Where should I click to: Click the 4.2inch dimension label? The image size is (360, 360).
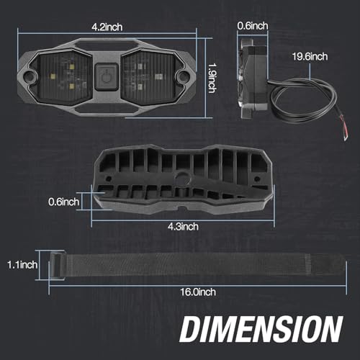click(x=107, y=27)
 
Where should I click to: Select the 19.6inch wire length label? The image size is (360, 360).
click(x=310, y=57)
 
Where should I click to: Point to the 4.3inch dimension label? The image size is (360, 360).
click(x=183, y=227)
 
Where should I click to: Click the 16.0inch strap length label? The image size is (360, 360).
click(x=198, y=292)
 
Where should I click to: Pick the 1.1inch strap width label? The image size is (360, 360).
click(x=22, y=265)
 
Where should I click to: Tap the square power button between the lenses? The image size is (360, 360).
click(x=107, y=76)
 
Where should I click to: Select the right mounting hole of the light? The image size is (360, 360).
click(x=183, y=76)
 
